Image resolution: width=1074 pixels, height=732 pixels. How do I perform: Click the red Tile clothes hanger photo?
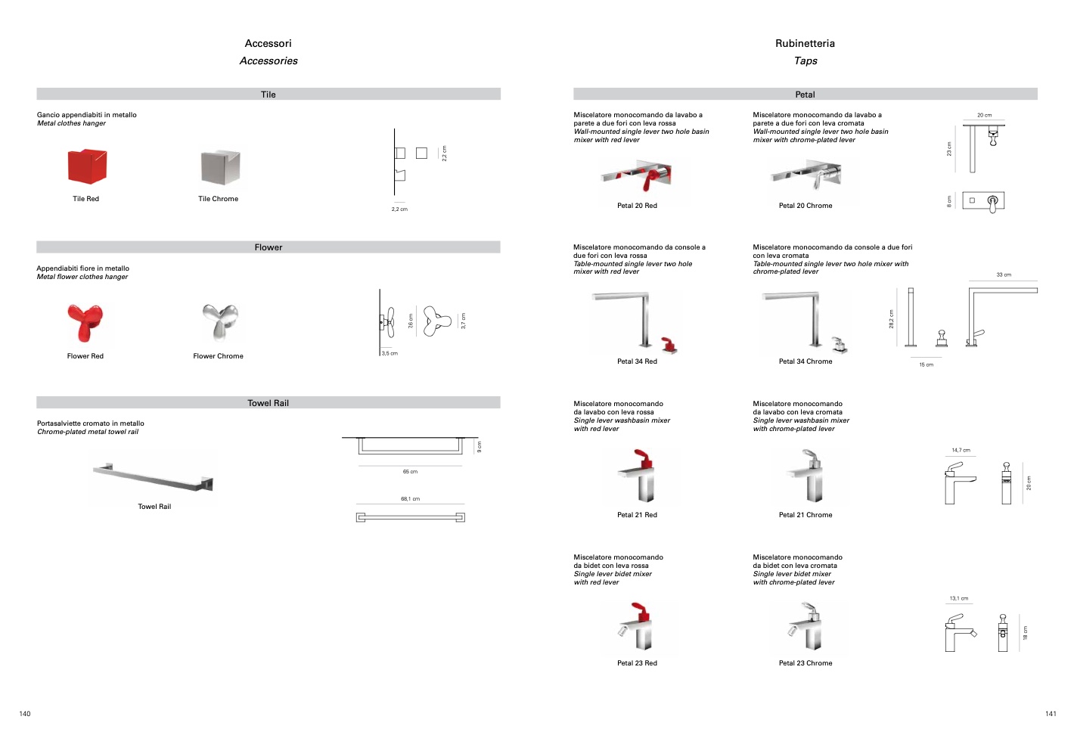tap(87, 166)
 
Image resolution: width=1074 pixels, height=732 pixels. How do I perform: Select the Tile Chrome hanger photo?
tap(220, 167)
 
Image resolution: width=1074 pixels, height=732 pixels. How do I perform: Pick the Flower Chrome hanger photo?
tap(219, 322)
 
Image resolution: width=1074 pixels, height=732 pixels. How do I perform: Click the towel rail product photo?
tap(154, 477)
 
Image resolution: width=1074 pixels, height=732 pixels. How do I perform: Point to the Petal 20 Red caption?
tap(637, 206)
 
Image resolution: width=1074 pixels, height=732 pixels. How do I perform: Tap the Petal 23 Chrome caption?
tap(805, 663)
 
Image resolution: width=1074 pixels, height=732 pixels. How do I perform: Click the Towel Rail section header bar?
tap(268, 403)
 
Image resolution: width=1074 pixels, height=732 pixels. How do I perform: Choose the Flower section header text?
tap(268, 247)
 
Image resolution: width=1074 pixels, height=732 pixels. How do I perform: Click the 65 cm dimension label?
tap(410, 472)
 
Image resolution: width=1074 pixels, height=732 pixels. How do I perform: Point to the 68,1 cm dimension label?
tap(410, 499)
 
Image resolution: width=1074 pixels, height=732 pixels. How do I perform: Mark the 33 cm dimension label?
tap(1004, 275)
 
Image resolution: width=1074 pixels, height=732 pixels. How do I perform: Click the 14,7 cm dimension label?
tap(961, 451)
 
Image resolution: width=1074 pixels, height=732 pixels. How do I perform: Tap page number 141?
tap(1051, 714)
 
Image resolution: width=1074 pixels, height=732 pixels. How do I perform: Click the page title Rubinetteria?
tap(805, 44)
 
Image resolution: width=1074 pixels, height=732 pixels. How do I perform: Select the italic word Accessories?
tap(268, 61)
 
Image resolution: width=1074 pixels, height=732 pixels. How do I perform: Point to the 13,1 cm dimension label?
tap(958, 599)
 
